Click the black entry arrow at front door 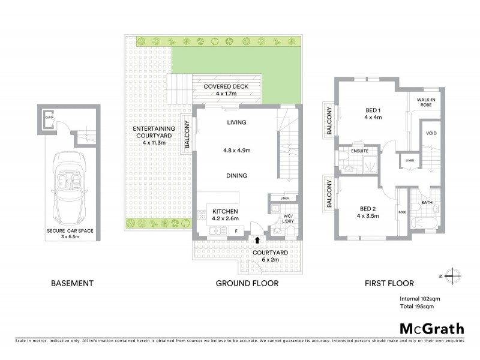pos(257,239)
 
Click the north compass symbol pos(454,276)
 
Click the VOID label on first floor pos(431,133)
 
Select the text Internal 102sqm pos(420,298)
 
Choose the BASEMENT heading pos(72,283)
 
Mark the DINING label pos(237,176)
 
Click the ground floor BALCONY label pos(187,135)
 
